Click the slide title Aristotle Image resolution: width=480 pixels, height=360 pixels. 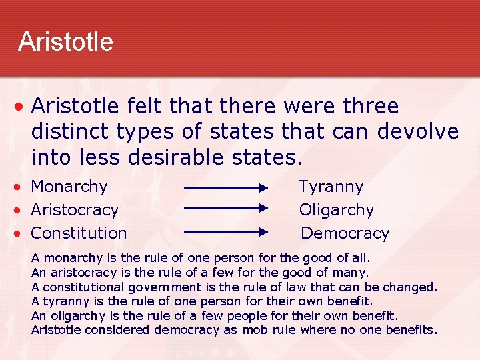click(65, 42)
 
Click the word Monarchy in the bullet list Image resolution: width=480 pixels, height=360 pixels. click(69, 187)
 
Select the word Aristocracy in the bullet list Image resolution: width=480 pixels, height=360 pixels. click(75, 210)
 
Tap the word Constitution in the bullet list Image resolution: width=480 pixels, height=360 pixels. click(79, 233)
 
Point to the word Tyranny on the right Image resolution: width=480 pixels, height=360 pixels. click(331, 187)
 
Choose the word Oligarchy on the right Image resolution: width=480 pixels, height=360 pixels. click(337, 210)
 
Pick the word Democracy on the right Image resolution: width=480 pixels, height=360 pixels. click(345, 233)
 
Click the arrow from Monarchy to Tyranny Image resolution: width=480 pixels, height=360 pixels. click(225, 188)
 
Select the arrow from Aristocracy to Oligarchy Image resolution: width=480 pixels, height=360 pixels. click(225, 209)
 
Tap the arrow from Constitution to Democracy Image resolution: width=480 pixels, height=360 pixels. click(225, 232)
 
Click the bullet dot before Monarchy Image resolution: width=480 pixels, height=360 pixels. click(21, 187)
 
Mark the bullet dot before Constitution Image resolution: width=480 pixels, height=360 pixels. click(21, 234)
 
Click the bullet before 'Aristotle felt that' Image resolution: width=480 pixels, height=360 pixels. click(21, 107)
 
